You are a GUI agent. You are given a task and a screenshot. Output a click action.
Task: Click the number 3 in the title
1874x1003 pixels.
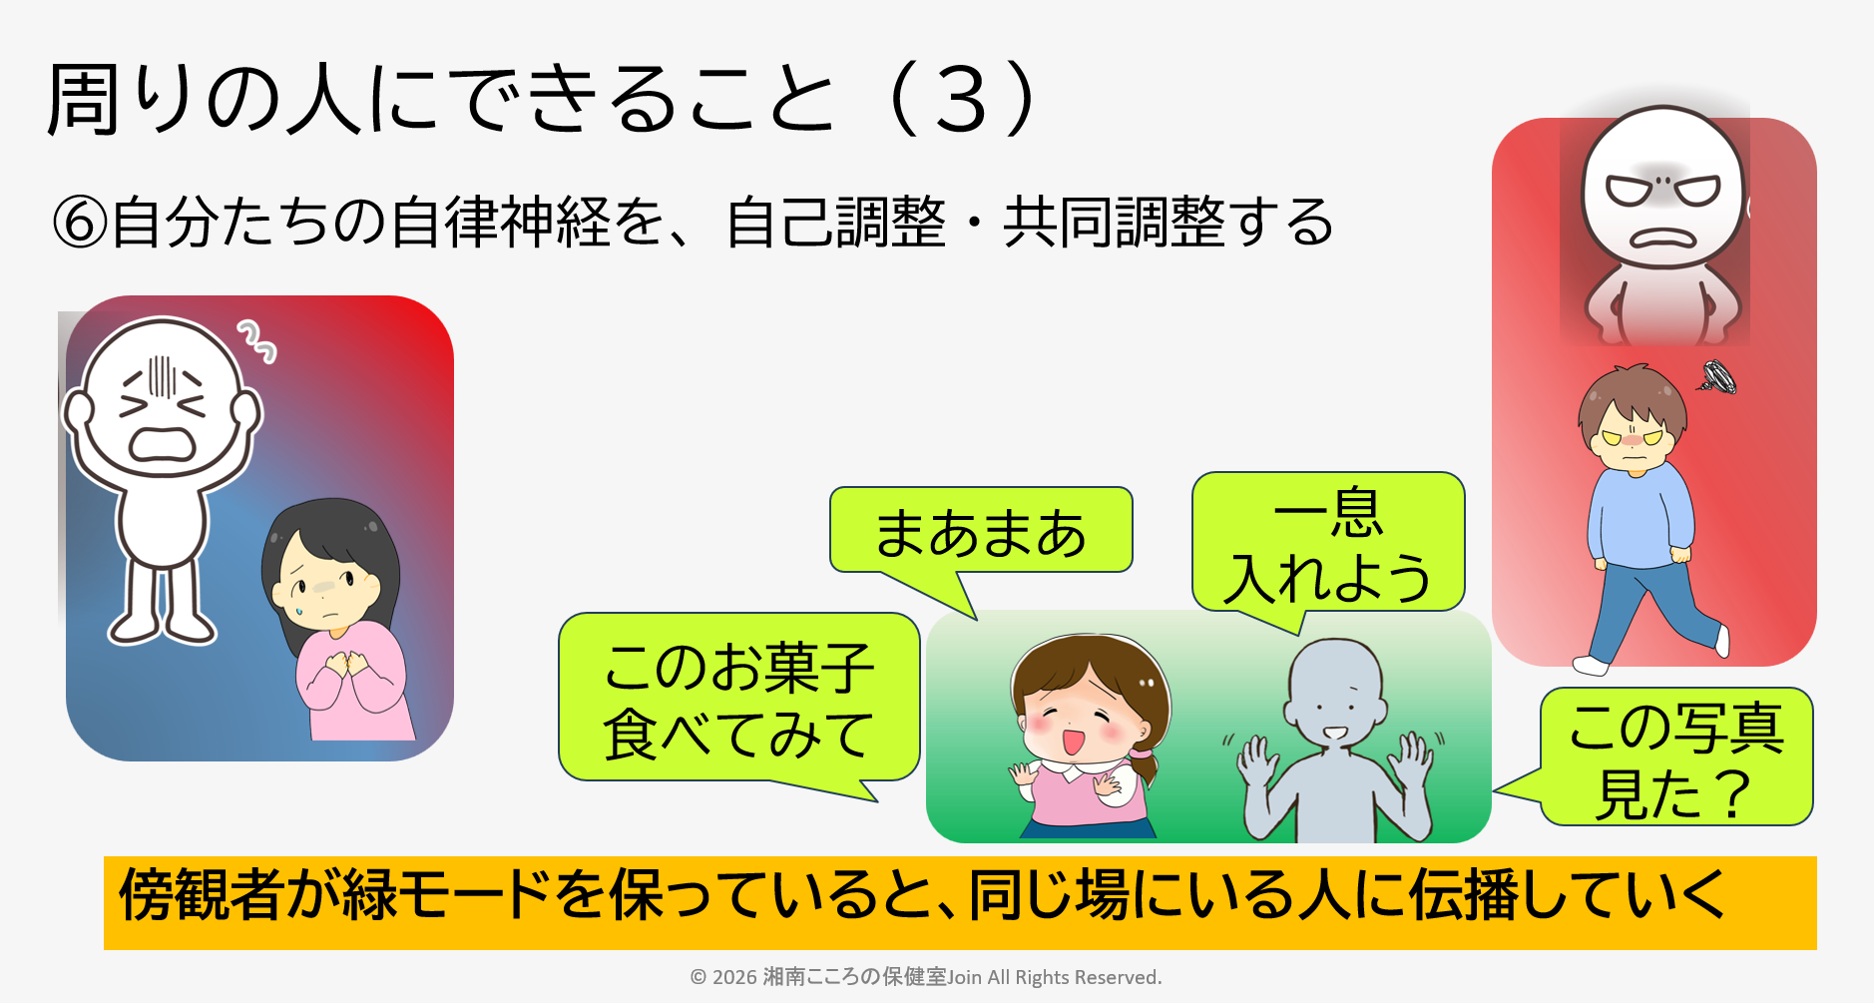click(961, 100)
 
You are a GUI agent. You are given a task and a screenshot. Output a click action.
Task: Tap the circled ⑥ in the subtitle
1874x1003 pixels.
click(79, 222)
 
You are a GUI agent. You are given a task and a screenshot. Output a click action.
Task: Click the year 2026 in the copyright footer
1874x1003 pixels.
click(734, 977)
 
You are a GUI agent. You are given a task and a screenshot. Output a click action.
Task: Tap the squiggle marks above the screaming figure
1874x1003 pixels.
click(256, 340)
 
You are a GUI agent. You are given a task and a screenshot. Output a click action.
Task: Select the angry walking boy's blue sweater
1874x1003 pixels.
click(1637, 517)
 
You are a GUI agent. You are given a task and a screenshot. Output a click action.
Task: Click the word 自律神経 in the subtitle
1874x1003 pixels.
click(499, 222)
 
